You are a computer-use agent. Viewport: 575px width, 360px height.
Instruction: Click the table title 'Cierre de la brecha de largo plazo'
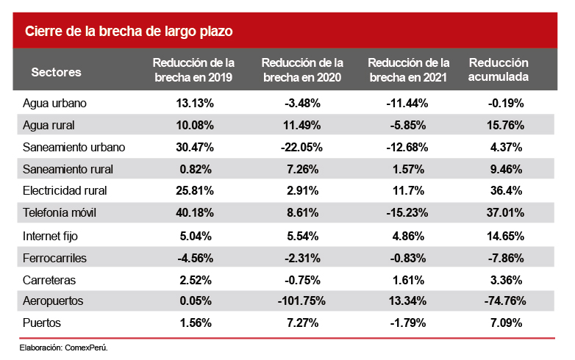pyautogui.click(x=129, y=32)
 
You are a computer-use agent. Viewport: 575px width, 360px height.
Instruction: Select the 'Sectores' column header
pyautogui.click(x=57, y=72)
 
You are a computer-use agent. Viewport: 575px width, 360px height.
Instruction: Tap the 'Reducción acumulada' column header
pyautogui.click(x=499, y=70)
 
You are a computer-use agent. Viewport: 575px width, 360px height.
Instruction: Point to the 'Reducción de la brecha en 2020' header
pyautogui.click(x=302, y=70)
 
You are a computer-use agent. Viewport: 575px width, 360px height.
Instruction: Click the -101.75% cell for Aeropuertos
pyautogui.click(x=302, y=302)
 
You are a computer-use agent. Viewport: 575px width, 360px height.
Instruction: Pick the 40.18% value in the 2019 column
pyautogui.click(x=194, y=213)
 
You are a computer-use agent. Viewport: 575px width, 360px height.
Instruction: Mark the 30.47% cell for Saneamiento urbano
pyautogui.click(x=194, y=147)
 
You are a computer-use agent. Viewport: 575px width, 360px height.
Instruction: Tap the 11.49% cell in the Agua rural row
pyautogui.click(x=302, y=125)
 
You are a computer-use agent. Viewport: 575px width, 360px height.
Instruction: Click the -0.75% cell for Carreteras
pyautogui.click(x=302, y=280)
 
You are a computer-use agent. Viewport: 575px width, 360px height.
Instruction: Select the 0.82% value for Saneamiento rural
pyautogui.click(x=194, y=169)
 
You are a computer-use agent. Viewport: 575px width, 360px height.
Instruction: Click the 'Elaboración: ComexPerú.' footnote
pyautogui.click(x=64, y=347)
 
